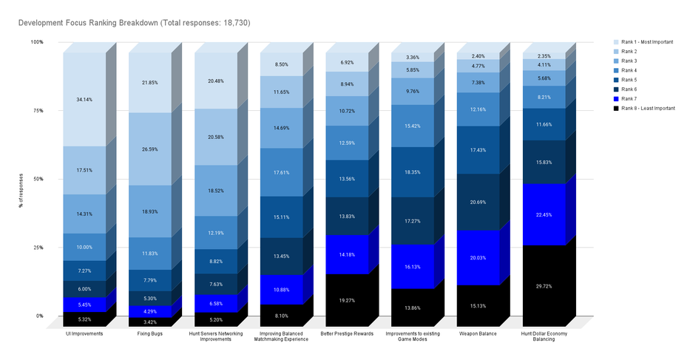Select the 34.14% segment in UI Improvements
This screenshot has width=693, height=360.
(84, 99)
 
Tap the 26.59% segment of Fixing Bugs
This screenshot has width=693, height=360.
(150, 149)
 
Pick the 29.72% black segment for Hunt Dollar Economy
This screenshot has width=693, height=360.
(544, 285)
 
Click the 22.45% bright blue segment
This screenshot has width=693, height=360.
(544, 215)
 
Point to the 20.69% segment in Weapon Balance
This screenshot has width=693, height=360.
(479, 202)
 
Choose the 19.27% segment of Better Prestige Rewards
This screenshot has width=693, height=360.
(347, 300)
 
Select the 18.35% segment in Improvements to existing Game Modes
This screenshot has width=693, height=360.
(413, 171)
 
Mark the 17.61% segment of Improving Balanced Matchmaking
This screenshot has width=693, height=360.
(281, 171)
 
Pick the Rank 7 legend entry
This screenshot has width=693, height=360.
(631, 98)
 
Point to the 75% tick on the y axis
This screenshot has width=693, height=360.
(37, 110)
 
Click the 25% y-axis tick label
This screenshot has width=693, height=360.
(37, 248)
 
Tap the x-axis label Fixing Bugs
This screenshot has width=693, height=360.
(150, 334)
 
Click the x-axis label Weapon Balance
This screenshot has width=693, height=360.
(479, 334)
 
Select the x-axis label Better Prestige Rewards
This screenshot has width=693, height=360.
(347, 334)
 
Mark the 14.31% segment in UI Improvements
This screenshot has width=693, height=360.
(84, 214)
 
